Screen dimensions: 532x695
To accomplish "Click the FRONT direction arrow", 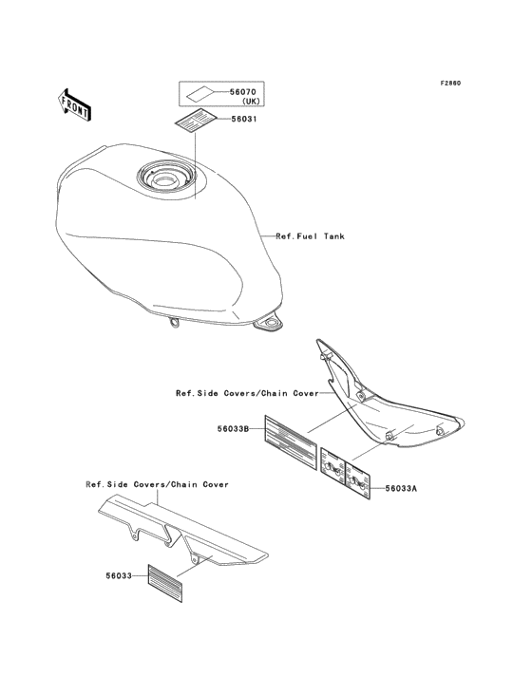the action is pyautogui.click(x=74, y=104).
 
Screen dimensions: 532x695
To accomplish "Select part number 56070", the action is pyautogui.click(x=242, y=92).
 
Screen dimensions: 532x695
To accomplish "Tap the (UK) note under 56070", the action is pyautogui.click(x=251, y=102).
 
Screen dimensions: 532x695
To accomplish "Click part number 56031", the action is pyautogui.click(x=244, y=120).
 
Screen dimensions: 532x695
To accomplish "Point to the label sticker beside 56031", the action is pyautogui.click(x=195, y=120).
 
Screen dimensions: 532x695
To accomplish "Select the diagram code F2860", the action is pyautogui.click(x=450, y=83).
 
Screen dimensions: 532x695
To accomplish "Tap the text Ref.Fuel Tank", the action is pyautogui.click(x=310, y=236).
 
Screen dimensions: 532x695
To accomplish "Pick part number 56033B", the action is pyautogui.click(x=233, y=428).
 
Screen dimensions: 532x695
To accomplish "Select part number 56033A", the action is pyautogui.click(x=401, y=488).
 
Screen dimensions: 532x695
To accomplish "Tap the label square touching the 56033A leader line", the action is pyautogui.click(x=358, y=480).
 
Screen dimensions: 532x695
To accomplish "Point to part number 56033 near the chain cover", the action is pyautogui.click(x=119, y=575).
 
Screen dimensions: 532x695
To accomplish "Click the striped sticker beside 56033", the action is pyautogui.click(x=165, y=583).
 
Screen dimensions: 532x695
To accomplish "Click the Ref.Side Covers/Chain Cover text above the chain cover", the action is pyautogui.click(x=158, y=484).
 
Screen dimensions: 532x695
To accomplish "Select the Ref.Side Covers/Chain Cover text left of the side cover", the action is pyautogui.click(x=247, y=393).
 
